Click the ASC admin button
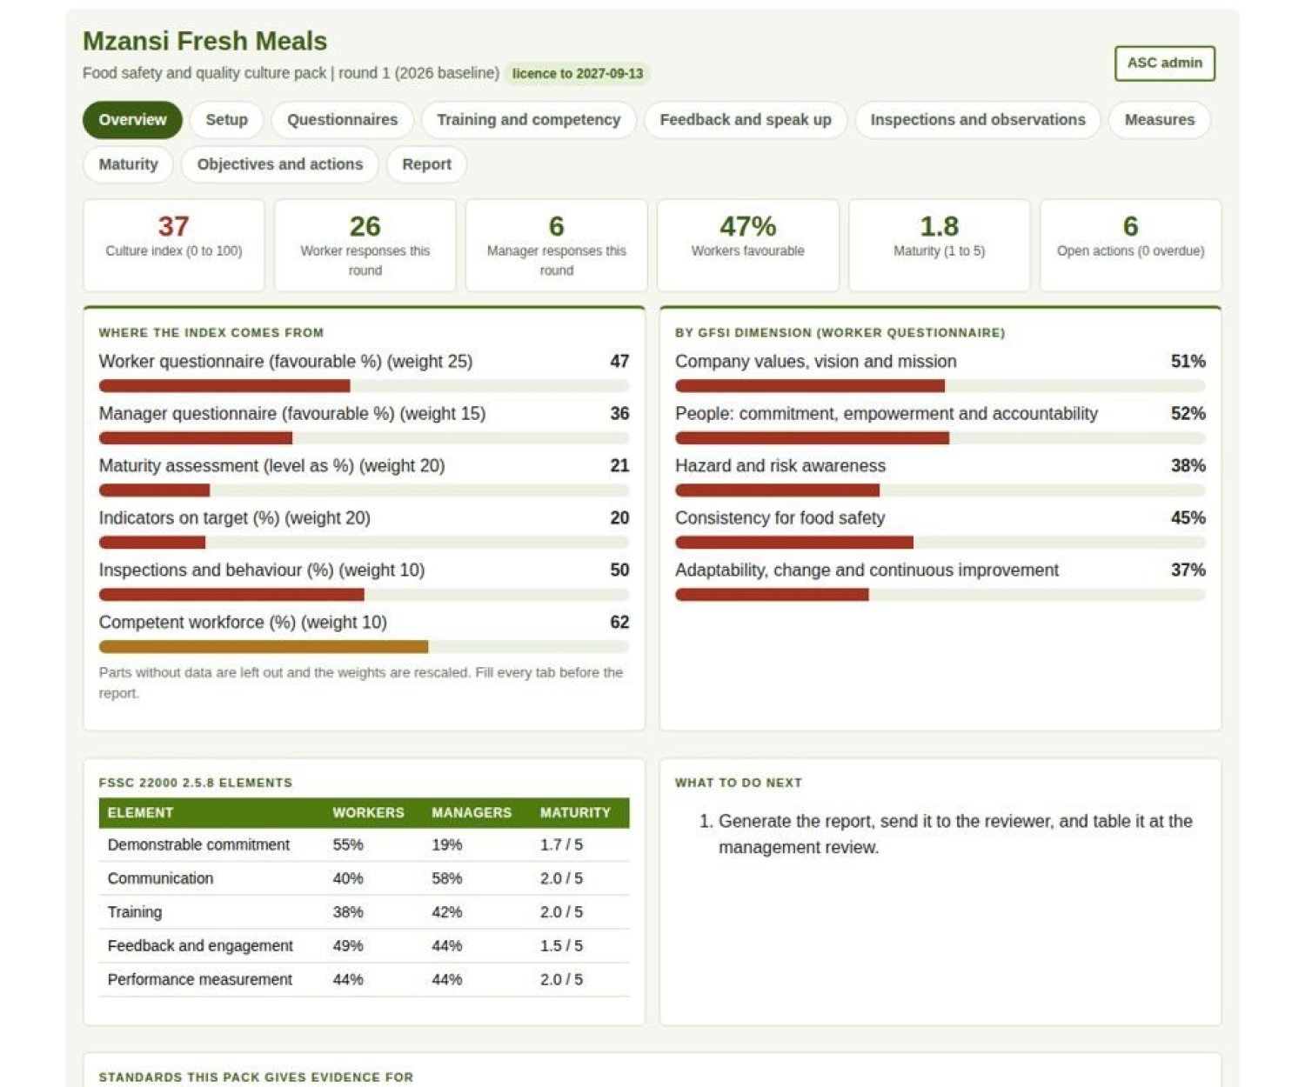click(1164, 63)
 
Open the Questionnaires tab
click(342, 119)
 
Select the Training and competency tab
click(528, 119)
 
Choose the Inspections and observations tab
click(977, 119)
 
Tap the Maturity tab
click(128, 164)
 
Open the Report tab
click(426, 164)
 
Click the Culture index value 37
click(174, 226)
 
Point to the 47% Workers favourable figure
click(747, 226)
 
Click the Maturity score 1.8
click(939, 226)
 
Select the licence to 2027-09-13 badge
click(577, 74)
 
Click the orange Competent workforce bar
click(263, 647)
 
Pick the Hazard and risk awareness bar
click(777, 490)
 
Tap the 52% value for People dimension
click(1188, 414)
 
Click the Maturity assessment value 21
click(619, 465)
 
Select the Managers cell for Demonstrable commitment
click(446, 844)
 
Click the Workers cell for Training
click(347, 912)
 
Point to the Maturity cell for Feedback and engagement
click(560, 946)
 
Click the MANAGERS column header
click(472, 813)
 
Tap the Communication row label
click(160, 878)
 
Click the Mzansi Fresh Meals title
click(205, 41)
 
